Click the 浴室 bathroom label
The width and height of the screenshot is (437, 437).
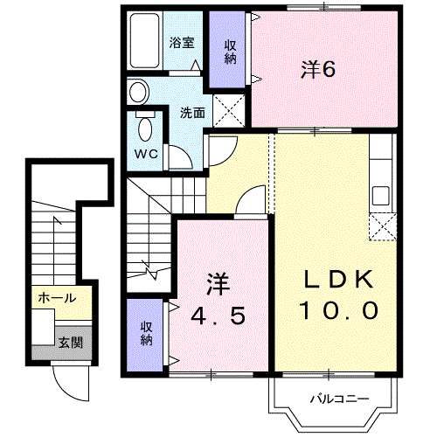coord(182,43)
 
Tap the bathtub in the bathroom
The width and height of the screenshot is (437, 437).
coord(145,40)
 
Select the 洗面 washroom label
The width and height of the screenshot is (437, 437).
coord(192,113)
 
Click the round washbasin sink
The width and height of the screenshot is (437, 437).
coord(138,92)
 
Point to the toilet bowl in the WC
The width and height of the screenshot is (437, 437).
coord(145,129)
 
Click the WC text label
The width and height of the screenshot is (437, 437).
coord(146,154)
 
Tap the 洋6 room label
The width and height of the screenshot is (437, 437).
coord(318,70)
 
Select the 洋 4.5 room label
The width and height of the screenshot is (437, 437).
coord(218,300)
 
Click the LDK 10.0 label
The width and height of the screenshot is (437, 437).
coord(339,295)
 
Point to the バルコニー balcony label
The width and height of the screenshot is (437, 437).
coord(339,399)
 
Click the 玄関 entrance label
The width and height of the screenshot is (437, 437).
coord(71,343)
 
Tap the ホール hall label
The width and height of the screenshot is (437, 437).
coord(57,298)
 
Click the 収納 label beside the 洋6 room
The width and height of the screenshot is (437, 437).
coord(230,52)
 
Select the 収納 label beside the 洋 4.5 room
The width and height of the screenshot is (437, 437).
coord(146,334)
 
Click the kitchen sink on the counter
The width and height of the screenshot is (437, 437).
coord(381,196)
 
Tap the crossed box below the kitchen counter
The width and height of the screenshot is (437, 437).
coord(383,227)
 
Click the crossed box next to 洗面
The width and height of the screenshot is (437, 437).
coord(229,111)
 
